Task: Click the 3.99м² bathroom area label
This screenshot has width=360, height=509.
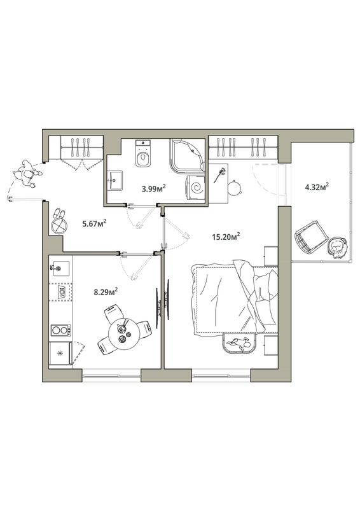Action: [x=154, y=188]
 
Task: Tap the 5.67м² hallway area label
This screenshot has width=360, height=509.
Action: [x=95, y=223]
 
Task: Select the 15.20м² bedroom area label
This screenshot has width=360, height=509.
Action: [x=226, y=236]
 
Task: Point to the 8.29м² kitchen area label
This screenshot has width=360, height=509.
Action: [x=106, y=291]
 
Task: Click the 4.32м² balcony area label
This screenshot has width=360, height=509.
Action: [x=317, y=186]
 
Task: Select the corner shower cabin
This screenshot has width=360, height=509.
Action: [x=187, y=157]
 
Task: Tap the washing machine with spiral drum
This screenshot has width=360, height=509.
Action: [x=195, y=189]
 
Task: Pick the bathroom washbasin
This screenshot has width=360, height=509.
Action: [x=114, y=181]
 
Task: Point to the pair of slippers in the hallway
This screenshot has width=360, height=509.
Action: [x=59, y=213]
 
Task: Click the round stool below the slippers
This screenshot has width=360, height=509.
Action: [x=59, y=226]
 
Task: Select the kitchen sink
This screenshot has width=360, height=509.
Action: [x=60, y=268]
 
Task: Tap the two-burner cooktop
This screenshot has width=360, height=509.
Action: [x=60, y=330]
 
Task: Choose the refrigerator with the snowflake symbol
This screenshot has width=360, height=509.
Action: [x=60, y=353]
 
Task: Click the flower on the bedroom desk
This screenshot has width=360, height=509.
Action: [x=219, y=176]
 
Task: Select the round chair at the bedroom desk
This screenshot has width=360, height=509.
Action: [x=234, y=188]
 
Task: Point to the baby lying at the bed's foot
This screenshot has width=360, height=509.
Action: [x=240, y=344]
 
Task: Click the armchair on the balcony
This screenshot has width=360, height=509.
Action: [x=310, y=236]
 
